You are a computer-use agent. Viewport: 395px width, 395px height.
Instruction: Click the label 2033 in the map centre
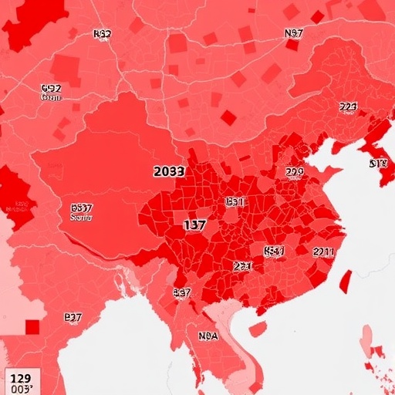(169, 171)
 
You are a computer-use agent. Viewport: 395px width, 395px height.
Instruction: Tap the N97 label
(293, 33)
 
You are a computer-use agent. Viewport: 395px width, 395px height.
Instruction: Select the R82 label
(102, 34)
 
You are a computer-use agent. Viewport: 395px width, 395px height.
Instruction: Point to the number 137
(194, 225)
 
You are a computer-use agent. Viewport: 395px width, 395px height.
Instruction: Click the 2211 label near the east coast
(323, 252)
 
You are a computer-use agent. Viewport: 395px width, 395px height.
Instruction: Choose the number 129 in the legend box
(21, 378)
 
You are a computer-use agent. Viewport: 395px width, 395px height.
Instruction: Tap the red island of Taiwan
(344, 280)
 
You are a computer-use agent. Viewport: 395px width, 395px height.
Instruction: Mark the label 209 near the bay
(294, 172)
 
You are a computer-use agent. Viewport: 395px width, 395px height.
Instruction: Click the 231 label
(242, 265)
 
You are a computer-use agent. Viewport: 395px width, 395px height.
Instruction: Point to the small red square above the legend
(32, 327)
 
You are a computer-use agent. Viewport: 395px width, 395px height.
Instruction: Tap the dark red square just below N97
(292, 45)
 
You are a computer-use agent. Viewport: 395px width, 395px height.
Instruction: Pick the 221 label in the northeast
(348, 107)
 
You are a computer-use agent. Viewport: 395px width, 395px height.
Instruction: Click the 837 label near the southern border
(182, 293)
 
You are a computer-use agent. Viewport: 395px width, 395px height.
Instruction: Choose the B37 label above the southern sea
(73, 317)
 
